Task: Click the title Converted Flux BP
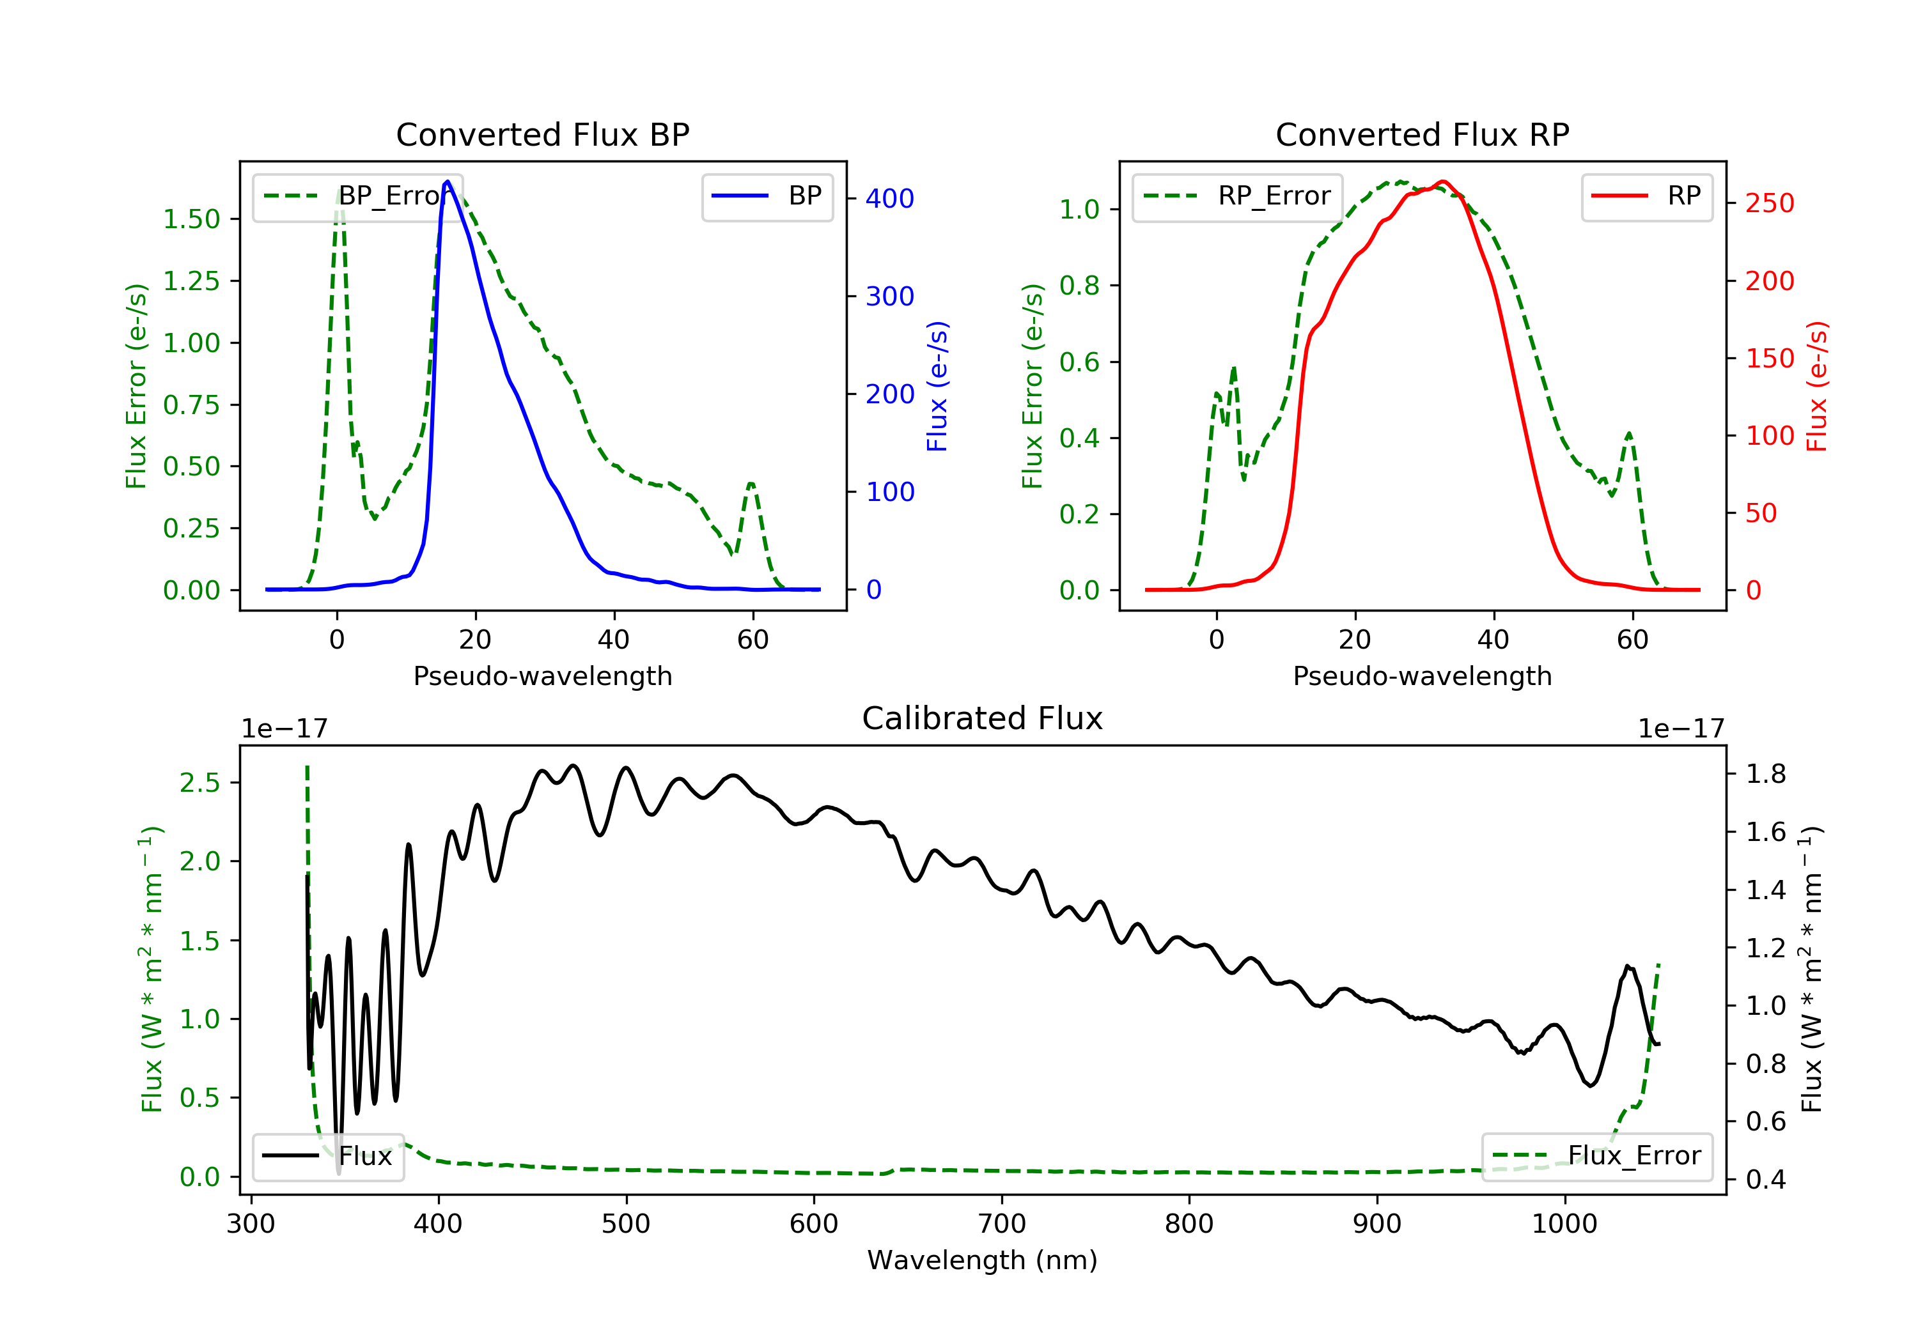pyautogui.click(x=542, y=134)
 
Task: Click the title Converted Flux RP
pyautogui.click(x=1422, y=134)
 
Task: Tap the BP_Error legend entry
pyautogui.click(x=357, y=196)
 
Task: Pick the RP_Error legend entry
pyautogui.click(x=1237, y=196)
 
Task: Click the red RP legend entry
pyautogui.click(x=1646, y=196)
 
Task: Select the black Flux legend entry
pyautogui.click(x=329, y=1156)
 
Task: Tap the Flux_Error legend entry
pyautogui.click(x=1596, y=1156)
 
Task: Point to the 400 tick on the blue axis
pyautogui.click(x=889, y=199)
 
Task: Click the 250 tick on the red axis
pyautogui.click(x=1769, y=203)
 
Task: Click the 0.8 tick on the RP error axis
pyautogui.click(x=1079, y=286)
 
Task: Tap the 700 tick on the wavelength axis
pyautogui.click(x=1001, y=1224)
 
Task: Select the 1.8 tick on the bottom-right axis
pyautogui.click(x=1766, y=774)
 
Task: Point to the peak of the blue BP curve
pyautogui.click(x=448, y=181)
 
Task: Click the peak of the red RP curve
pyautogui.click(x=1443, y=181)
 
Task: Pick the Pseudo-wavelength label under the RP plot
pyautogui.click(x=1422, y=675)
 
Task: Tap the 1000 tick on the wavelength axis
pyautogui.click(x=1564, y=1224)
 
